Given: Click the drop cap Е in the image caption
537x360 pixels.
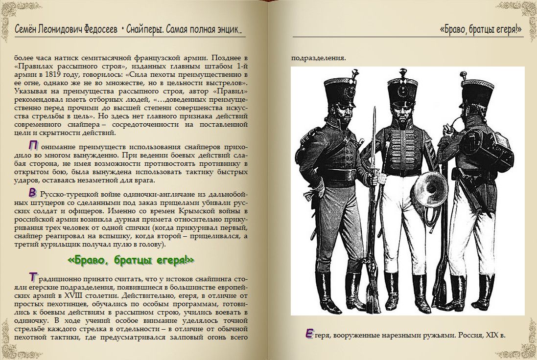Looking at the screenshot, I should point(309,334).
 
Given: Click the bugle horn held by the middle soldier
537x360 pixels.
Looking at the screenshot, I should point(431,190).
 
